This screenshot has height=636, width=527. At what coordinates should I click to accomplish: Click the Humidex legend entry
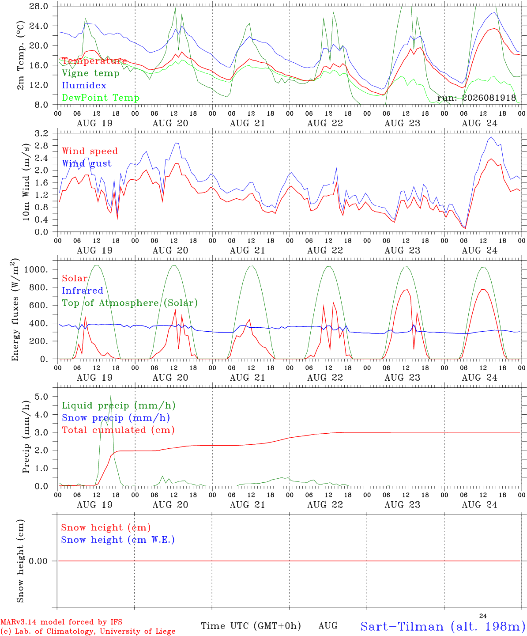tap(84, 85)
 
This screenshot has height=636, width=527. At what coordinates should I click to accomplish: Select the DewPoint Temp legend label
tap(101, 98)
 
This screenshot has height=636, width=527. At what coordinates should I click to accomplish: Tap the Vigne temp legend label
tap(91, 73)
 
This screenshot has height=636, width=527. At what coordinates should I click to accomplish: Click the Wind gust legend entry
tap(87, 163)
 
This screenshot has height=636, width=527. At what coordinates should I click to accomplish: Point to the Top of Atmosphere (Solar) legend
tap(130, 303)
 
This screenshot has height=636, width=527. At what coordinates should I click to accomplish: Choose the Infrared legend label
tap(83, 290)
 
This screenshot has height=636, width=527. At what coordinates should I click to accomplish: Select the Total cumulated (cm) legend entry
tap(118, 430)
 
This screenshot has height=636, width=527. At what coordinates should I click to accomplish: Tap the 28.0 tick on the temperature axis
tap(39, 6)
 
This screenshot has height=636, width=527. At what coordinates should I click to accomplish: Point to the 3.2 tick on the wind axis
tap(41, 133)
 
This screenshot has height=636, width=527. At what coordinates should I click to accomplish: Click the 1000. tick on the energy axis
tap(36, 269)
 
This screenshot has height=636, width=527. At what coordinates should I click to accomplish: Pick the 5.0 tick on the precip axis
tap(41, 397)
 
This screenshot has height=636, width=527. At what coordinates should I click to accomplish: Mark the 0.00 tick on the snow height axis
tap(38, 561)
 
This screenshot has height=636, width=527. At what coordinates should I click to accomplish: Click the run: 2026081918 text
tap(476, 98)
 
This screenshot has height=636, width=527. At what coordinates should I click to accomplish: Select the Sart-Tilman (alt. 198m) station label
tap(443, 626)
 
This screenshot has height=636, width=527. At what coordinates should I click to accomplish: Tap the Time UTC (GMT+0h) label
tap(251, 626)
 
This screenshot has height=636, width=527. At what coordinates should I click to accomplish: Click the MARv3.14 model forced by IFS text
tap(61, 622)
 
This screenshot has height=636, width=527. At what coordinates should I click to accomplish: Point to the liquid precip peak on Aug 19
tap(111, 395)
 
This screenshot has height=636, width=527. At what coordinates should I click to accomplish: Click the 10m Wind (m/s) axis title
tap(26, 182)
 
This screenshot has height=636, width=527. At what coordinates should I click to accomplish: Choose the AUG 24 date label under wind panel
tap(479, 250)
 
